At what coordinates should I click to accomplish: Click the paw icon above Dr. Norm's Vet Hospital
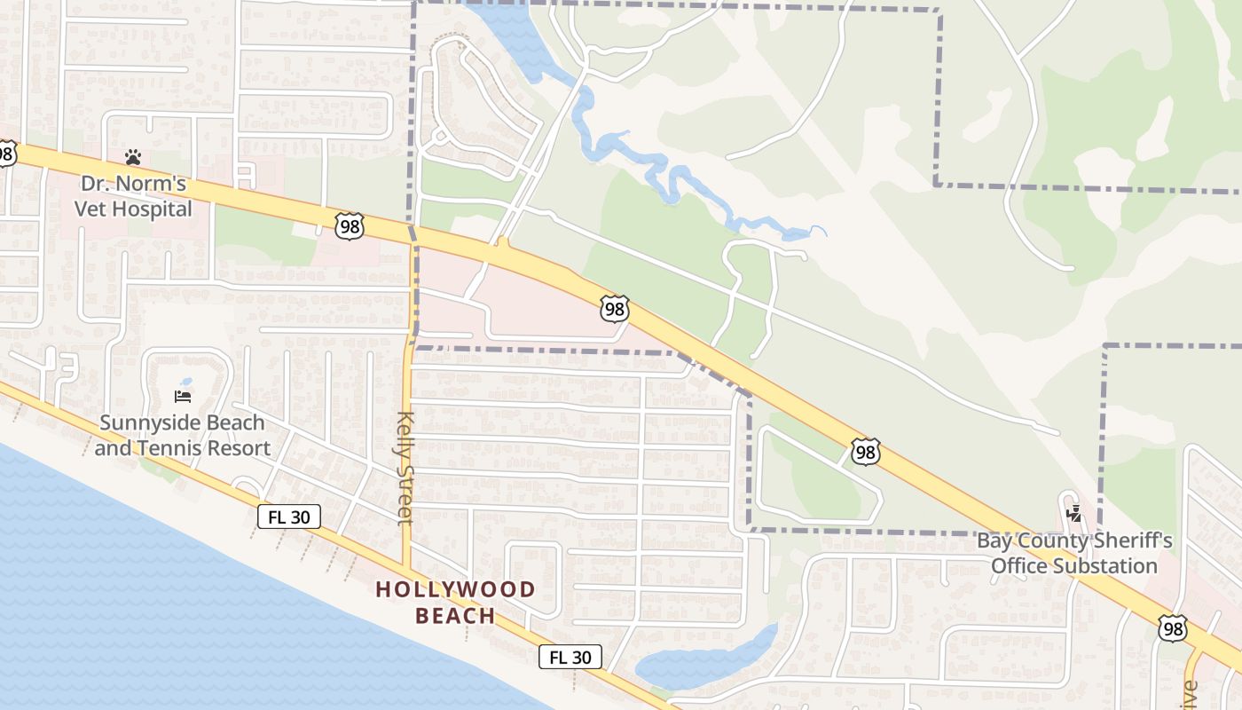[x=133, y=157]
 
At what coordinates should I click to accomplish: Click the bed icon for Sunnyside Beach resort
[x=183, y=396]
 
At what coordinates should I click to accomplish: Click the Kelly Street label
[x=405, y=468]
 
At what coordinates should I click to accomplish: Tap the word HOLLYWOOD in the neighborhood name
[x=455, y=589]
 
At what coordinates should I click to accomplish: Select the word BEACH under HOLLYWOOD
[x=455, y=615]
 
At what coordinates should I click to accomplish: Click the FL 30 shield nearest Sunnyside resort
[x=289, y=517]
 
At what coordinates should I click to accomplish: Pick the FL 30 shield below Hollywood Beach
[x=570, y=657]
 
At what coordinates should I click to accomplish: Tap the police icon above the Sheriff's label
[x=1074, y=512]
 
